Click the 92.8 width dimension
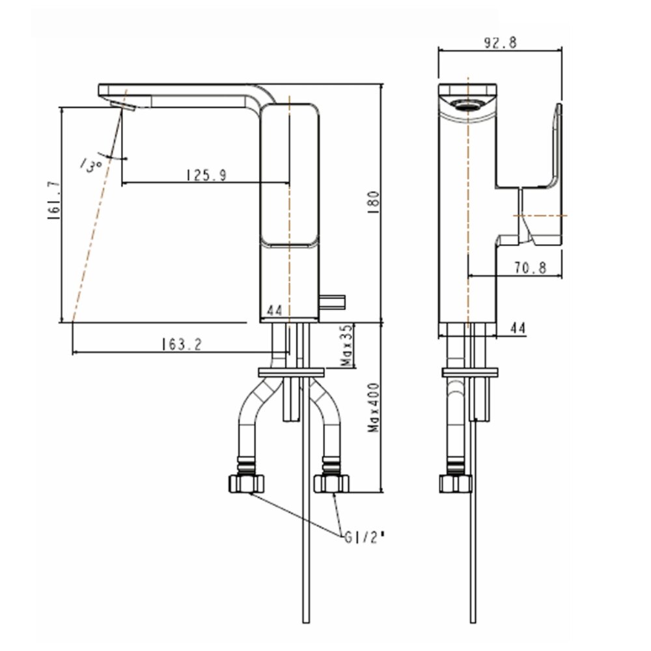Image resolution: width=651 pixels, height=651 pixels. [x=499, y=44]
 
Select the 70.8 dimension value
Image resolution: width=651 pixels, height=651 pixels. [x=529, y=267]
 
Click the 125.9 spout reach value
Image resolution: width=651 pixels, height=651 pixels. [x=206, y=174]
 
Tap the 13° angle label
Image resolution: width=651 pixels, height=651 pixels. [x=91, y=164]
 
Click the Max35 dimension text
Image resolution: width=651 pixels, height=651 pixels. [x=347, y=345]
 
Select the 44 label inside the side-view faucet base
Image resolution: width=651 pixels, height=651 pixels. [x=274, y=312]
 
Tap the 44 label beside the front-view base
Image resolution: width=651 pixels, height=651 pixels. [x=518, y=329]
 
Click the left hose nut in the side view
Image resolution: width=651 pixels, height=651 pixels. [x=248, y=483]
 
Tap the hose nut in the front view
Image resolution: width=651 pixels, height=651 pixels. [x=455, y=483]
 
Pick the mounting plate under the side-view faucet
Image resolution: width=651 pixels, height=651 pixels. [x=291, y=372]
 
